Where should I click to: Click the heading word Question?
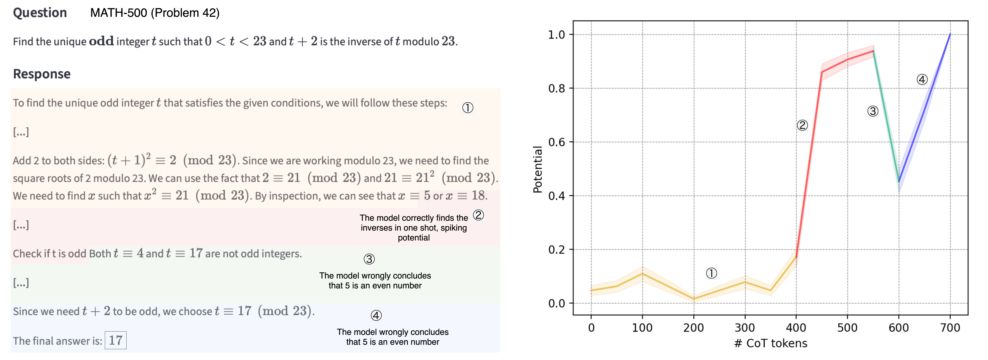click(40, 13)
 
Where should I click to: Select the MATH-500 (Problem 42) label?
click(155, 13)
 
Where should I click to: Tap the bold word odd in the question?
click(101, 41)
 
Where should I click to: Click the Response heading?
click(42, 74)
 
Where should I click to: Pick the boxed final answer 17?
click(115, 340)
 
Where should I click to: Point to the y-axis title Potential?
click(538, 169)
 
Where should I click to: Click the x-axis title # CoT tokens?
click(771, 343)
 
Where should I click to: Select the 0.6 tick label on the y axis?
click(557, 142)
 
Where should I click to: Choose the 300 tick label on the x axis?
click(745, 328)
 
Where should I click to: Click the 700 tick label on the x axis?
click(950, 328)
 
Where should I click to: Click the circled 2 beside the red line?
click(802, 125)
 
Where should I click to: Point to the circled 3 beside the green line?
click(873, 111)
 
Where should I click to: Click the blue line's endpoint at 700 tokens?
click(950, 35)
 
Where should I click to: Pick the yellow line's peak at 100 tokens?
click(642, 273)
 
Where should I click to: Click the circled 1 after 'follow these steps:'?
click(468, 108)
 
